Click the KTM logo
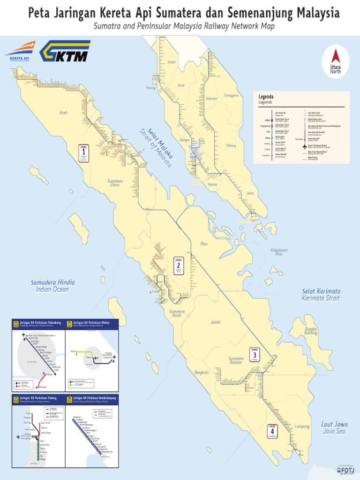coord(64,52)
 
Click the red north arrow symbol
coord(335,57)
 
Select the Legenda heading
coord(266,97)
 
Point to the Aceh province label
coord(63,112)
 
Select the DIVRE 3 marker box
coord(255,355)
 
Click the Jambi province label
coord(215,322)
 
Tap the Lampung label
coord(302,427)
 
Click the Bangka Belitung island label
coord(311,331)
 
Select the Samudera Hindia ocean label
coord(52,286)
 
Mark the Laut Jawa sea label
coord(333,427)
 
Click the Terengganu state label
coord(231,95)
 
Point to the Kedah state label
coord(172,62)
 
